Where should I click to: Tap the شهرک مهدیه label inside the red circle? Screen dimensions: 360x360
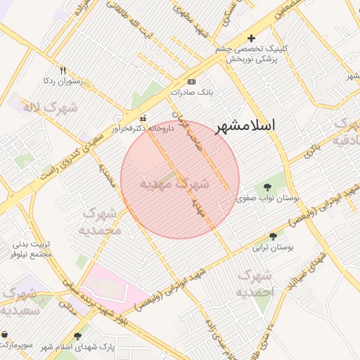174,184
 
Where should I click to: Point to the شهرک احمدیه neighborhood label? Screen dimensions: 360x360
255,283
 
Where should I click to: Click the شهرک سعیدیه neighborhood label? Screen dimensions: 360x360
19,300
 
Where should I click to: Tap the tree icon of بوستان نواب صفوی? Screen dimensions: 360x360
268,187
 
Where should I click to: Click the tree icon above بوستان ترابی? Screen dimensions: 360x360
274,236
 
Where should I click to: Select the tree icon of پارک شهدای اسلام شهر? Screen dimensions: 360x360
77,336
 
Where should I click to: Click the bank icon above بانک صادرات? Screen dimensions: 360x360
192,82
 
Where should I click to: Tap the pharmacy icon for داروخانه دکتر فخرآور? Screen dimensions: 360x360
144,117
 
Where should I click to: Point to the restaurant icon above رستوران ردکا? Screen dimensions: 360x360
63,70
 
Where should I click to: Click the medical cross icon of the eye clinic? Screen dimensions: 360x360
252,38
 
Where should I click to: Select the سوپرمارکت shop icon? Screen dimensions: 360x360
5,334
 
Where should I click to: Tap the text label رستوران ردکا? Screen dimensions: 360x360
63,81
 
